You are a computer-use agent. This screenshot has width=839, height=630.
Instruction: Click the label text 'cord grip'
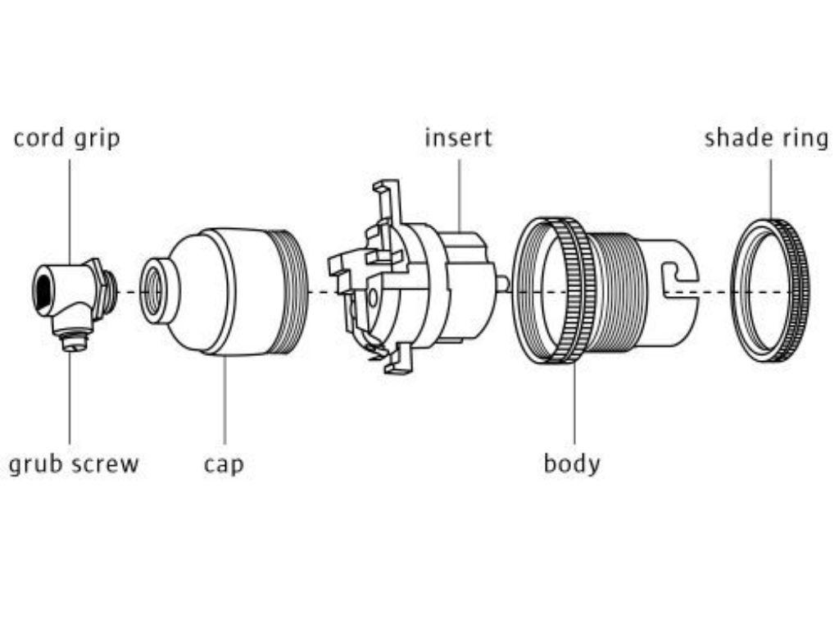[x=66, y=138]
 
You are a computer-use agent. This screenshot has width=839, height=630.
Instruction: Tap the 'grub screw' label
[x=74, y=464]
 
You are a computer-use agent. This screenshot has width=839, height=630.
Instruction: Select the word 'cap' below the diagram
[x=224, y=465]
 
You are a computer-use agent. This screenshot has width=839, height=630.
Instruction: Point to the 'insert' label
[x=458, y=137]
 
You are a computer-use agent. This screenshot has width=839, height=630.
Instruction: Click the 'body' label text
[x=572, y=463]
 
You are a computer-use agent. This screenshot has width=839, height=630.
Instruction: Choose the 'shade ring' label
[x=766, y=138]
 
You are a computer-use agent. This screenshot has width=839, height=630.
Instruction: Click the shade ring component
[x=769, y=290]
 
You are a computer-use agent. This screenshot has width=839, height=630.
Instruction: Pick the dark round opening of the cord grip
[x=43, y=290]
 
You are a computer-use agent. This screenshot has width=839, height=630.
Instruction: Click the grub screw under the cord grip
[x=72, y=341]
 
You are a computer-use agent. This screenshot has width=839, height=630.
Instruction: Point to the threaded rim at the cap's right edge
[x=297, y=291]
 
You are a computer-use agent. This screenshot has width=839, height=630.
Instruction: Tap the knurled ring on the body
[x=574, y=290]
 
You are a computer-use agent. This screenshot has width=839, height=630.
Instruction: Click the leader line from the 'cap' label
[x=224, y=402]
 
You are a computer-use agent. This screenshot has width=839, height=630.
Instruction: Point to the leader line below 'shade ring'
[x=770, y=189]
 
